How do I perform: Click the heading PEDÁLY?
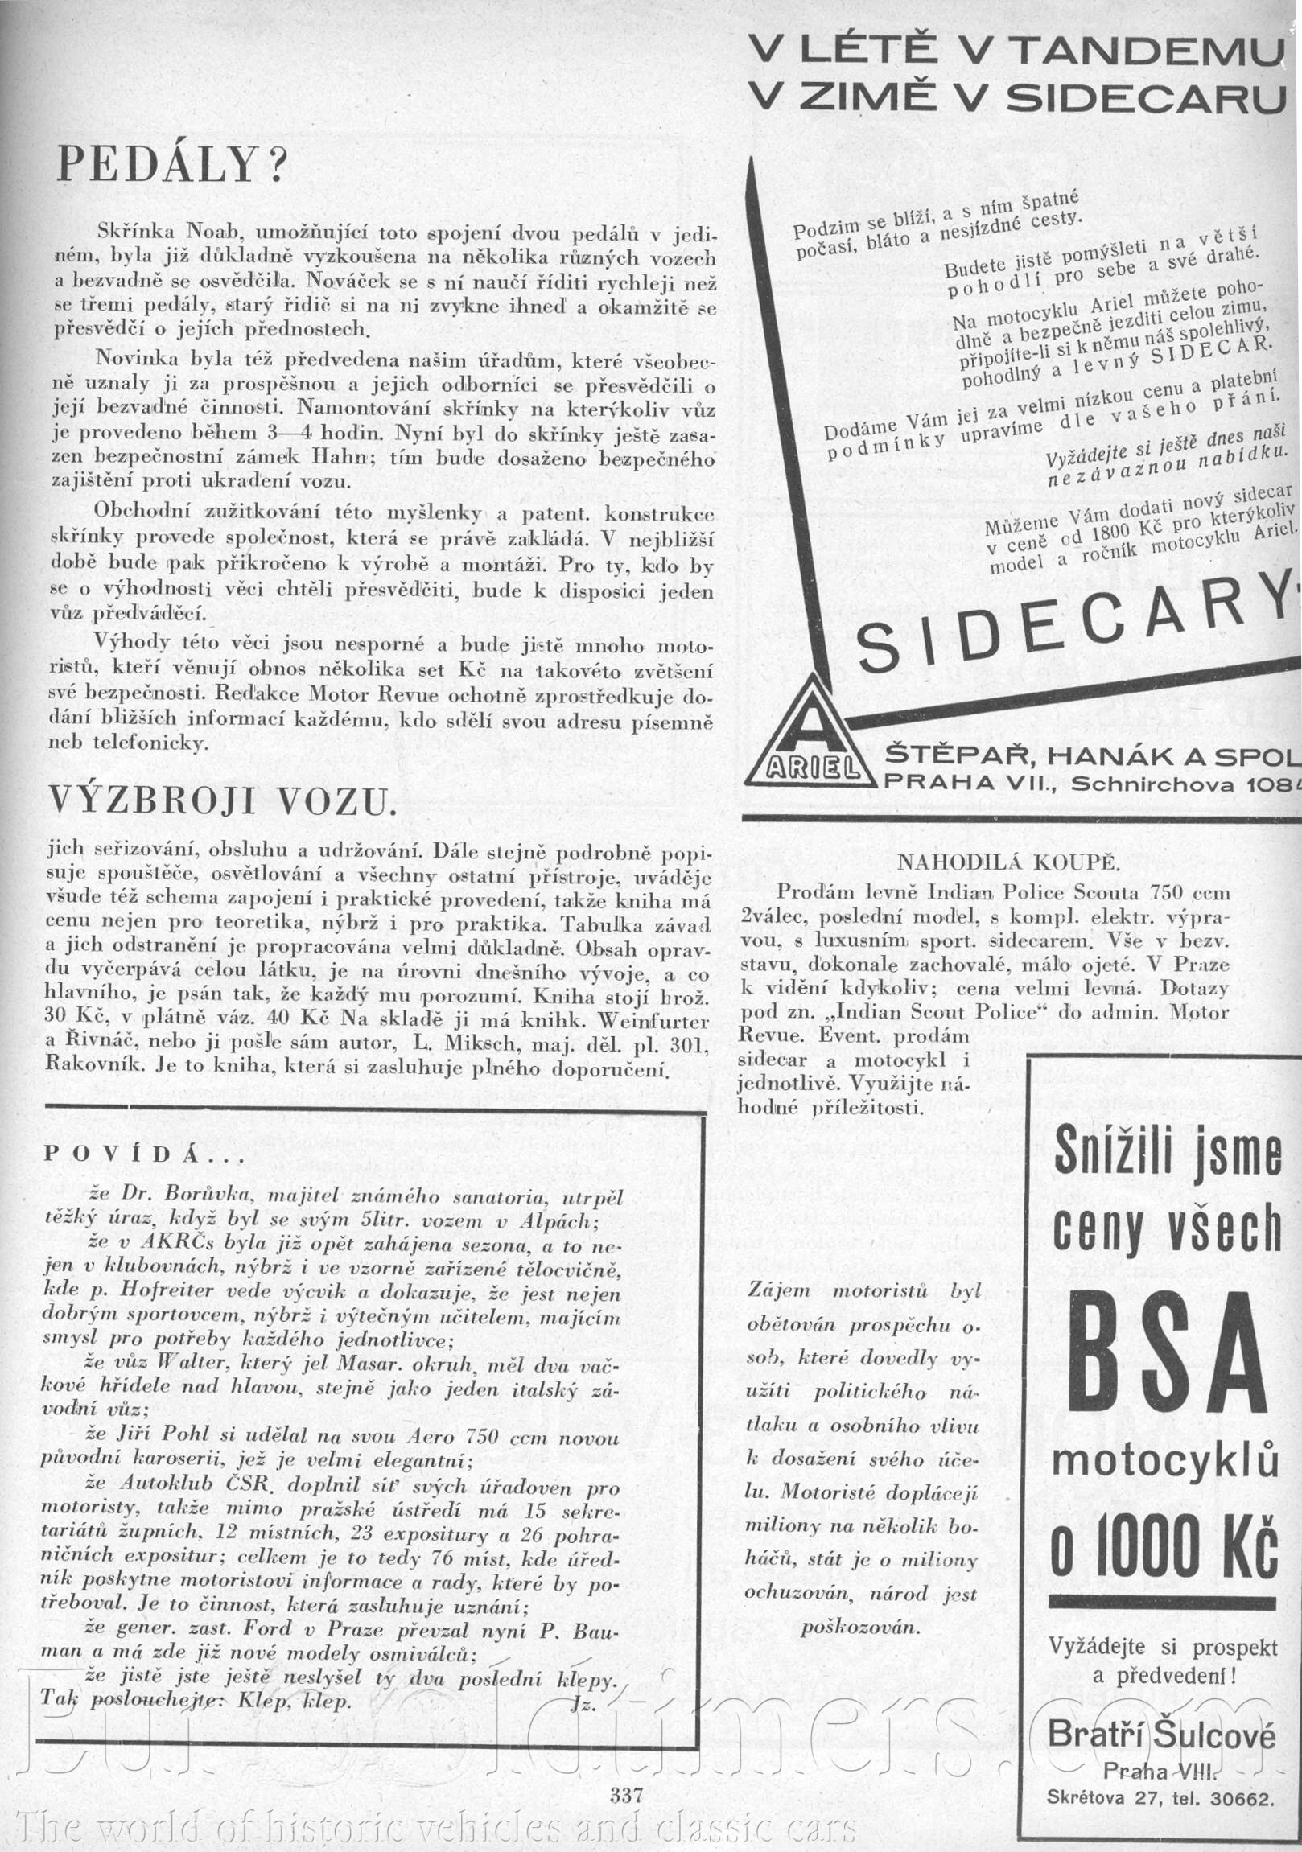(172, 165)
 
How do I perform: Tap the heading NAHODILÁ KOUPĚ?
(1007, 862)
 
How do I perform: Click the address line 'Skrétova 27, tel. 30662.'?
(1161, 1775)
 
